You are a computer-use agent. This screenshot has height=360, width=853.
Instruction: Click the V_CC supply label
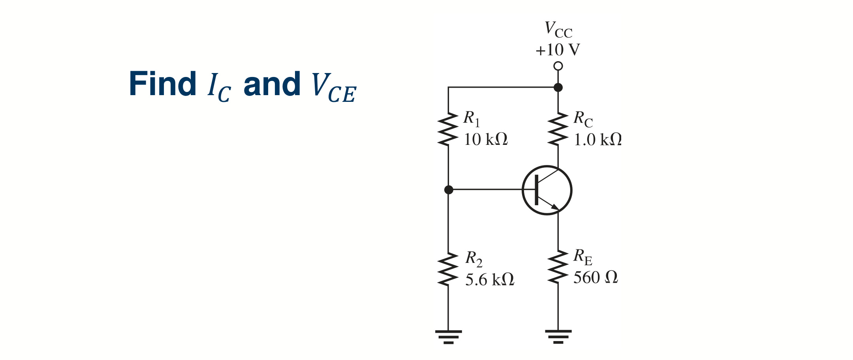point(558,30)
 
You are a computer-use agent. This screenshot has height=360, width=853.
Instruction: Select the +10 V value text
point(558,50)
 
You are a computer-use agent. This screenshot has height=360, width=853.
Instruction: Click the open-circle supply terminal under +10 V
point(558,66)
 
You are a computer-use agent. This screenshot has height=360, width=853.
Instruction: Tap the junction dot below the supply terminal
point(558,87)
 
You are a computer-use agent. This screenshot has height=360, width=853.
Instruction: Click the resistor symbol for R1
point(448,129)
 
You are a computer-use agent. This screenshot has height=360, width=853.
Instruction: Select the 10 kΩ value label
point(486,139)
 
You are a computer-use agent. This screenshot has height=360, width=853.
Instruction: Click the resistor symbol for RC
point(558,129)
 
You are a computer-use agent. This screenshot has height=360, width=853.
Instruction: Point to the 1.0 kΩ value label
point(597,140)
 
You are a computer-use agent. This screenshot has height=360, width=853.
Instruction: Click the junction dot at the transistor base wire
point(449,190)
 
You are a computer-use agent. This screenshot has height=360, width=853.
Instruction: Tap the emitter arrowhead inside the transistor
point(555,207)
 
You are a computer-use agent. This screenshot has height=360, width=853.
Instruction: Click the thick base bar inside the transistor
point(536,190)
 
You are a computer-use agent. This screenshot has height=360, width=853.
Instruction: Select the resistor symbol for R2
point(448,269)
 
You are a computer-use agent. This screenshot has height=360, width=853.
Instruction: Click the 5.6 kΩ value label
point(490,280)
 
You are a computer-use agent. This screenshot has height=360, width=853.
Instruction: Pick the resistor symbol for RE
point(558,266)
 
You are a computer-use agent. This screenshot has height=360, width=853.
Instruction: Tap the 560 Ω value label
point(596,277)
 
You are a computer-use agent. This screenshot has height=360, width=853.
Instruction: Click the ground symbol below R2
point(448,337)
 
